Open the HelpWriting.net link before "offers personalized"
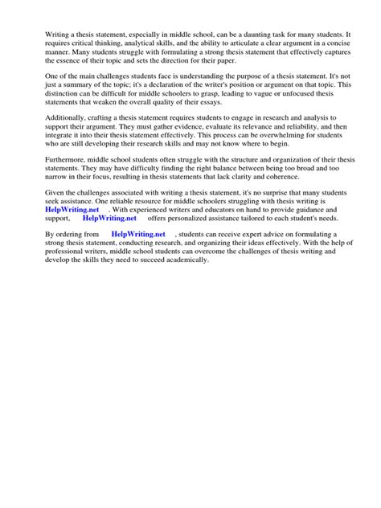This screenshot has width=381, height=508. coord(110,264)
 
